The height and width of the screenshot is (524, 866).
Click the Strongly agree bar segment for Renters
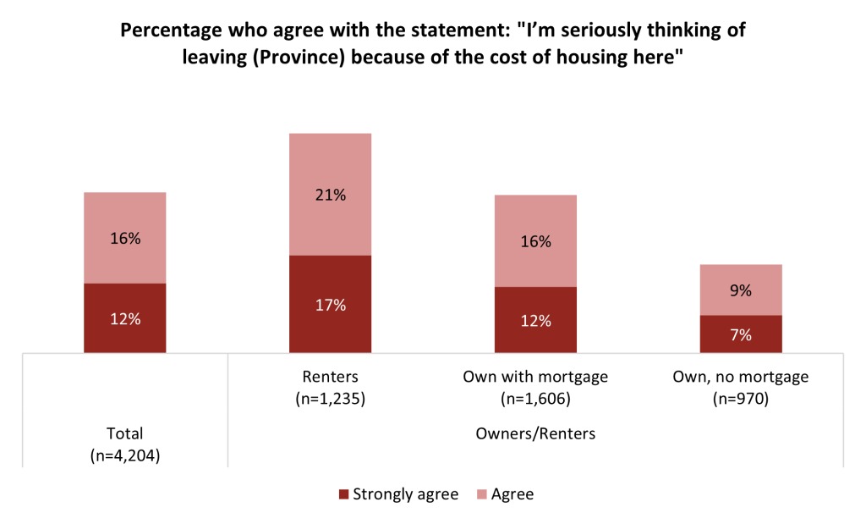point(330,303)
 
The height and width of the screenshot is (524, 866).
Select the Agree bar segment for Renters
point(330,194)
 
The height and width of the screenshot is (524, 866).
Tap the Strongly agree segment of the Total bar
point(124,317)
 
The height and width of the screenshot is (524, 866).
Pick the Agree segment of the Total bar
point(124,238)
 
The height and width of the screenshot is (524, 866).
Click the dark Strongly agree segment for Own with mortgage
point(535,319)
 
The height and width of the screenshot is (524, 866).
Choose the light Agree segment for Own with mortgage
point(535,240)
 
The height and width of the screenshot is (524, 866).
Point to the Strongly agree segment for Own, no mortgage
point(741,334)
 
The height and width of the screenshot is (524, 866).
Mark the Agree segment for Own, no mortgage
point(741,290)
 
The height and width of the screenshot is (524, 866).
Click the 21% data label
point(330,195)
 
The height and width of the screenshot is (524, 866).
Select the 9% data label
point(741,290)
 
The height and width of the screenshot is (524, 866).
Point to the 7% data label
point(741,335)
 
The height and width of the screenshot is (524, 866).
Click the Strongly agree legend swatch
point(343,494)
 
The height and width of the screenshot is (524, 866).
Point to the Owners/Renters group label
point(535,434)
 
